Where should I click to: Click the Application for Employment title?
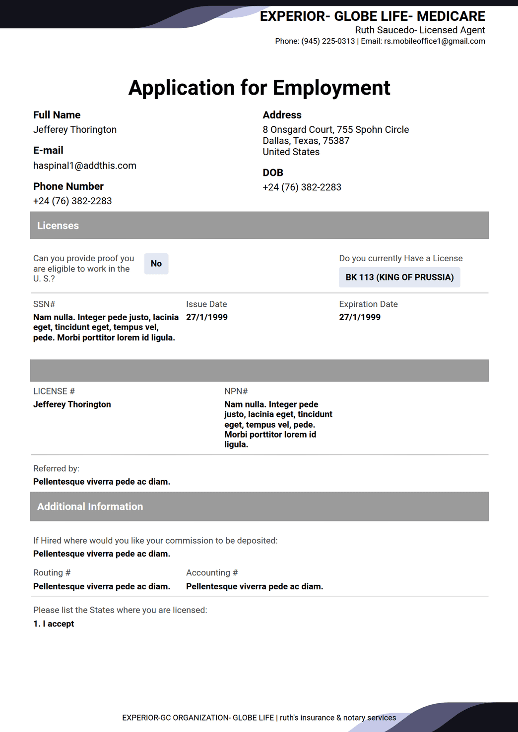coord(259,88)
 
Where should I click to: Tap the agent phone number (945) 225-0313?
coord(328,41)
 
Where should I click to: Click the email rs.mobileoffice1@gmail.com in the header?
coord(434,41)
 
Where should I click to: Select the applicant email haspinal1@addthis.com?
coord(85,166)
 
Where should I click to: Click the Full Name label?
coord(57,115)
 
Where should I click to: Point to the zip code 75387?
coord(336,141)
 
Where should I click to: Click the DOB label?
coord(273,172)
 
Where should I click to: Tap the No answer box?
coord(156,264)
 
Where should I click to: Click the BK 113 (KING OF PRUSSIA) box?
coord(399,277)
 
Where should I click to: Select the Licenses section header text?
coord(58,225)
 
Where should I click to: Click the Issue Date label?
coord(206,304)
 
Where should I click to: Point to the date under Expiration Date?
coord(360,317)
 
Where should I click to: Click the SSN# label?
coord(44,304)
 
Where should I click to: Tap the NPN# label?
coord(236,391)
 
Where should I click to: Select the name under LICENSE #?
coord(72,404)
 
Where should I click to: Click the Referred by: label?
coord(56,468)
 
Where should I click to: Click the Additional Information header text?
coord(90,507)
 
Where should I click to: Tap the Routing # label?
coord(52,572)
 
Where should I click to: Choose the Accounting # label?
coord(212,572)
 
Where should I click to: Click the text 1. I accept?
coord(54,623)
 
